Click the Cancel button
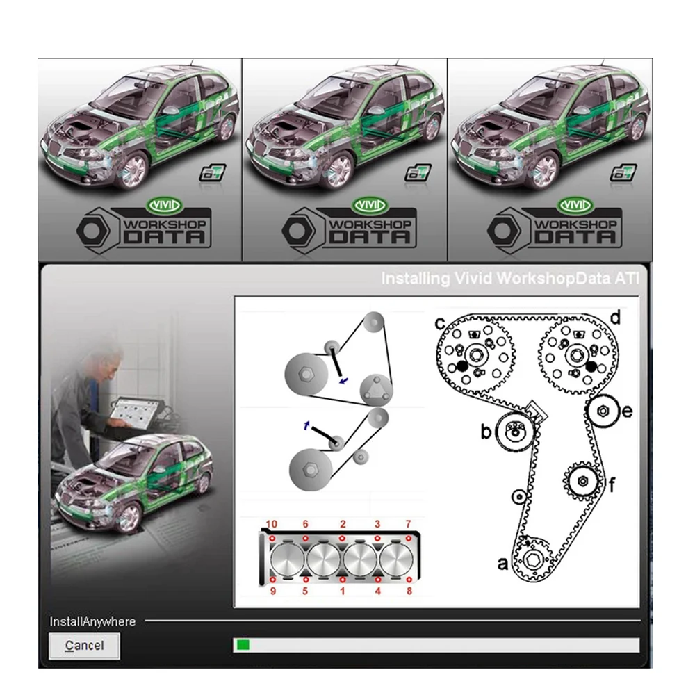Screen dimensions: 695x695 pos(84,646)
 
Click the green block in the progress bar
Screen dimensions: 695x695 pos(243,646)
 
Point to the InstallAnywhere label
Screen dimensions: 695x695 pos(92,621)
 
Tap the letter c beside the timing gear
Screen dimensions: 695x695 pos(440,323)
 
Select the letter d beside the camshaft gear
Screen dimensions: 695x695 pos(614,319)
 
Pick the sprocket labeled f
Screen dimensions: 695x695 pos(583,480)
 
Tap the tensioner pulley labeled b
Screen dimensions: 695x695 pos(514,432)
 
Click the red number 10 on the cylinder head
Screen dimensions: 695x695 pos(271,523)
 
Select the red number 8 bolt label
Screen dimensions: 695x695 pos(409,591)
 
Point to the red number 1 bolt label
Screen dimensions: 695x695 pos(342,591)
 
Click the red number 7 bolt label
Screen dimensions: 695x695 pos(409,523)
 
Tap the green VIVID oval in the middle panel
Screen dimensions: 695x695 pos(370,206)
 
